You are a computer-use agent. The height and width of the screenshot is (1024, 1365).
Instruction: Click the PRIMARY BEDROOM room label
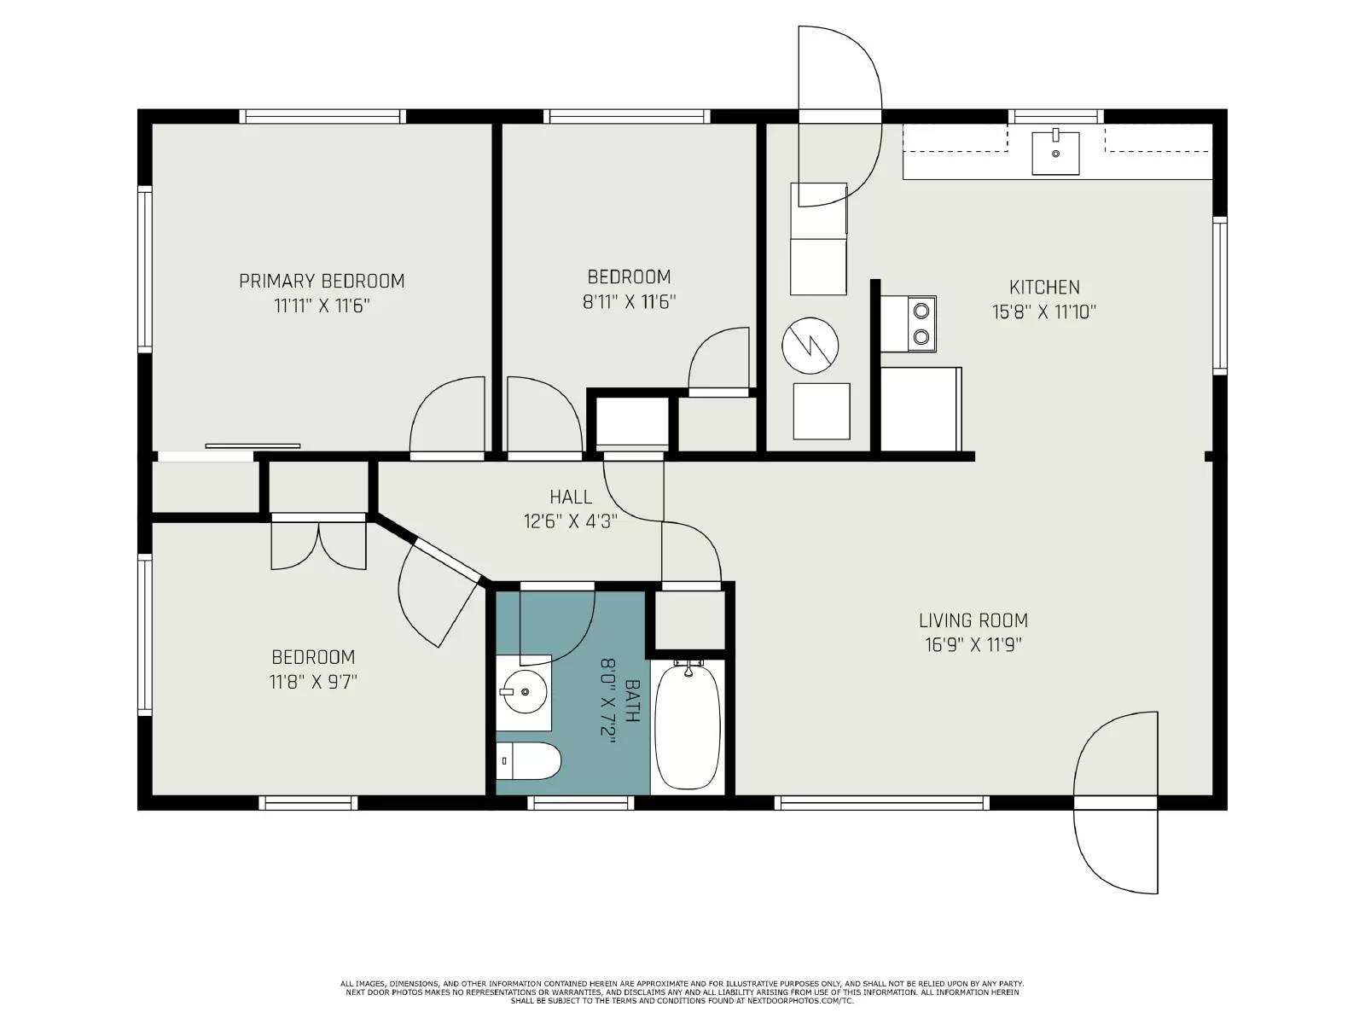tap(322, 281)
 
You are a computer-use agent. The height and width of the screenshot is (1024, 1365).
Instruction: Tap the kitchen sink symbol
tap(1055, 153)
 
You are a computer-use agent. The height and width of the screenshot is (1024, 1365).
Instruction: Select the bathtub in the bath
tap(687, 726)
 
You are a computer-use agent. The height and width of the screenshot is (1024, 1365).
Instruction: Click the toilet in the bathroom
tap(530, 760)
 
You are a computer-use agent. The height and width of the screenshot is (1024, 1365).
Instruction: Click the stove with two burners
tap(909, 323)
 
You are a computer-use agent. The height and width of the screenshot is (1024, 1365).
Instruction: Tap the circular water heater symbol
tap(810, 346)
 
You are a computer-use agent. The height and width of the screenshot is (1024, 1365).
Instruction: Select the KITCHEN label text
tap(1044, 288)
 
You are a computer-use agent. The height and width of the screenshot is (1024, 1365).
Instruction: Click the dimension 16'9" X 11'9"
tap(973, 644)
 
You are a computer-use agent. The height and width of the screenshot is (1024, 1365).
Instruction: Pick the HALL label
tap(570, 497)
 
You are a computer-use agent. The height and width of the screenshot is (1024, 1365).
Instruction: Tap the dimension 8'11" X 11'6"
tap(629, 301)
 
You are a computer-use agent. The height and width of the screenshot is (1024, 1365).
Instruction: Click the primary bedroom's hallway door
tap(448, 418)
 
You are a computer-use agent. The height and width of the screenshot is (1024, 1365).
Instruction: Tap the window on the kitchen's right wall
tap(1220, 295)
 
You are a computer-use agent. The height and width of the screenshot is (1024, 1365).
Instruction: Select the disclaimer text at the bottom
tap(682, 992)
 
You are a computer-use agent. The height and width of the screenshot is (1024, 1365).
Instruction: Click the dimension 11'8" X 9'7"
tap(312, 682)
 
